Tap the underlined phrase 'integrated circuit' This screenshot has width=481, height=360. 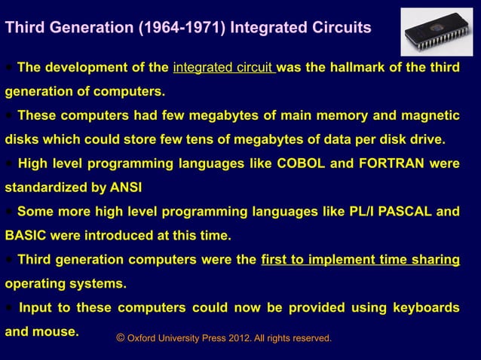[x=224, y=69]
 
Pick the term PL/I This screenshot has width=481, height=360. [x=341, y=212]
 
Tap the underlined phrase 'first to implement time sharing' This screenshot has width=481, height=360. [x=360, y=260]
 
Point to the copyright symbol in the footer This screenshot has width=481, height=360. [x=121, y=338]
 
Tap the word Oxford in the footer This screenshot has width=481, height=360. [x=143, y=339]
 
